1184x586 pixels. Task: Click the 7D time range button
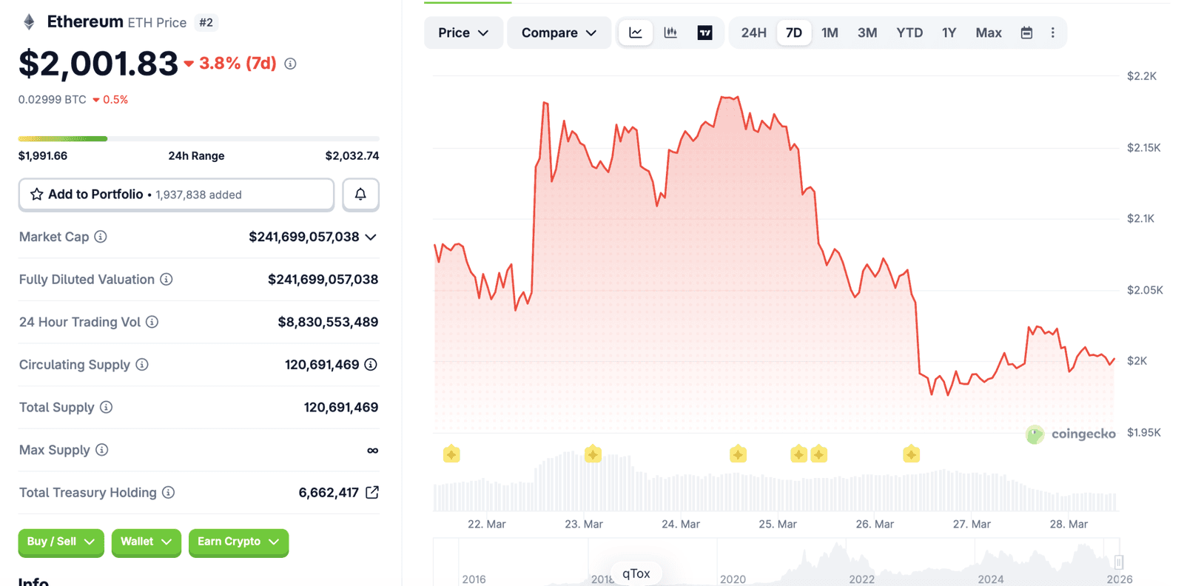[793, 33]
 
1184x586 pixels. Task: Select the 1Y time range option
[949, 33]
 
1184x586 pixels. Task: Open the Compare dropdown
[559, 33]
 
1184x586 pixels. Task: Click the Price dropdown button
[463, 33]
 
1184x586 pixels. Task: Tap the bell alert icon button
[360, 195]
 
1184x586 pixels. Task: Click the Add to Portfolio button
[176, 195]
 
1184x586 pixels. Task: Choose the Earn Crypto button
[238, 542]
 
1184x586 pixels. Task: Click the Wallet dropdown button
[146, 542]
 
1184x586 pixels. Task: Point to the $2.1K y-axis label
[1140, 218]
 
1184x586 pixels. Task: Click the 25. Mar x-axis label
[777, 524]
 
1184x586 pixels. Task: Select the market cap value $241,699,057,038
[303, 237]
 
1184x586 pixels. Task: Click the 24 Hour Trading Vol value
[328, 322]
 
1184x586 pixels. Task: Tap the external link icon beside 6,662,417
[372, 492]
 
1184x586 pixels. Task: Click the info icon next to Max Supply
[102, 450]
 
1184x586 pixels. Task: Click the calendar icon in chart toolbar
[1026, 33]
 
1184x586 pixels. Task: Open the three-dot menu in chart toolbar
[1052, 33]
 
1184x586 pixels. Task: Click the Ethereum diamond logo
[29, 22]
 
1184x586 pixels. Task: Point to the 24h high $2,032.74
[351, 155]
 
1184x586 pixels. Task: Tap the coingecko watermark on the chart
[1071, 434]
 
